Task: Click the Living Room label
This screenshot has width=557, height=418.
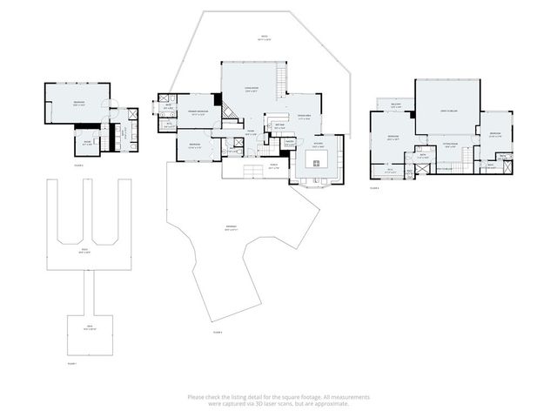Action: coord(251,90)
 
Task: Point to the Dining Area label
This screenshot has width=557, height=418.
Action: coord(304,118)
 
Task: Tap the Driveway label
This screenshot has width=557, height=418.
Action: coord(231,230)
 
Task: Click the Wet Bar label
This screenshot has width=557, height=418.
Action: coord(280,127)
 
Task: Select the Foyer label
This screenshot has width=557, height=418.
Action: coord(249,132)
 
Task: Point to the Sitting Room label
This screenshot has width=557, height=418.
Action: coord(450,146)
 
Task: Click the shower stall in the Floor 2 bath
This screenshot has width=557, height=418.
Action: coord(131,114)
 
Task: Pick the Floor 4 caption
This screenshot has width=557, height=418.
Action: coord(375,187)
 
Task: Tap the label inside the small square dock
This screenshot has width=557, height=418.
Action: coord(90,329)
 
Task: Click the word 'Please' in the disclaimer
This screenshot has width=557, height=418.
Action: coord(196,397)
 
